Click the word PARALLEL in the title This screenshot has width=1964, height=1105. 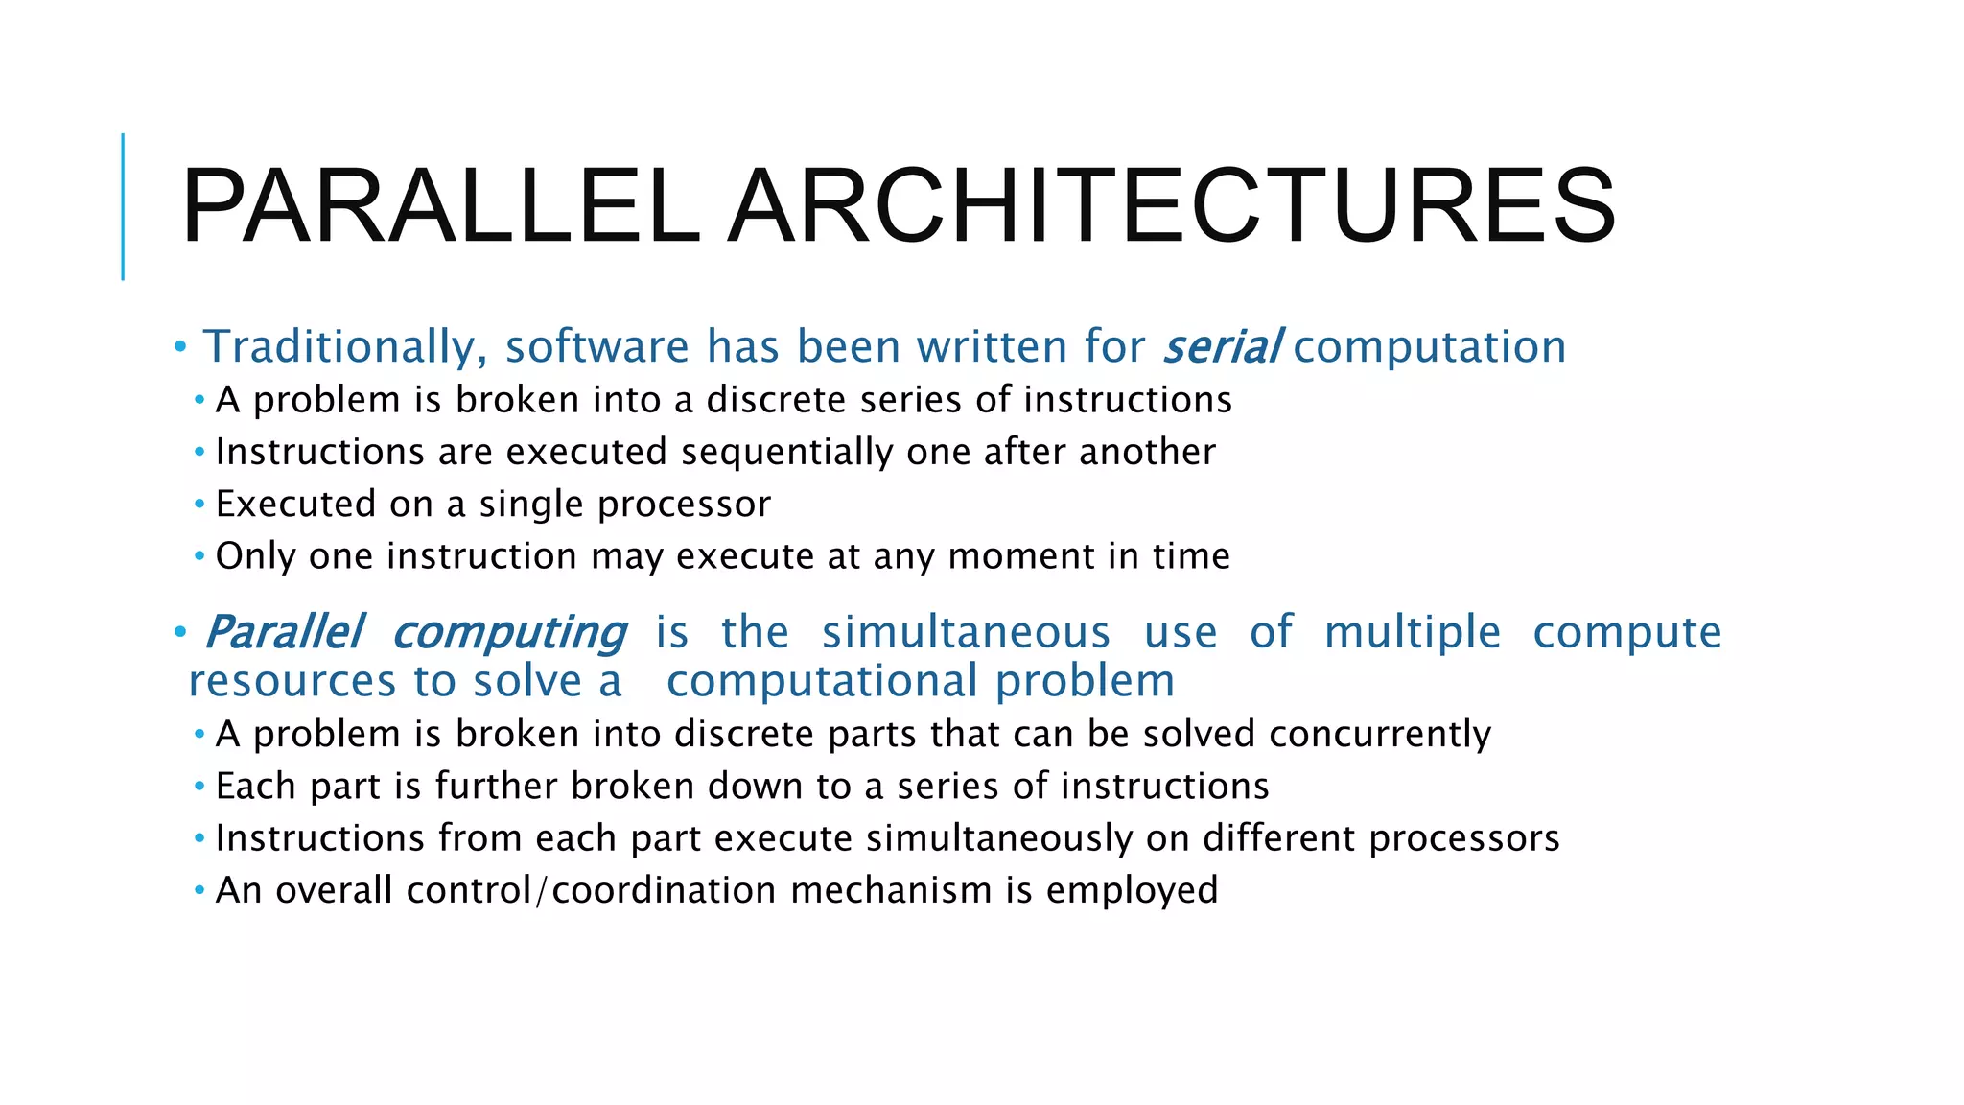coord(440,207)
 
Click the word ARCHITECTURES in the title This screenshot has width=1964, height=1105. coord(1172,207)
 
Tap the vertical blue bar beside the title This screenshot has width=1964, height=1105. coord(123,207)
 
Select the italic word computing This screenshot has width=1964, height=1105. coord(509,633)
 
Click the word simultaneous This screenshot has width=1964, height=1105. coord(966,633)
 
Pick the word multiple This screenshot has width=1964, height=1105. coord(1412,633)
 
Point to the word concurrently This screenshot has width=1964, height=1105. coord(1380,735)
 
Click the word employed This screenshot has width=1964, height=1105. coord(1132,891)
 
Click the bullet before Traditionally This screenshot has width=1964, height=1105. coord(180,347)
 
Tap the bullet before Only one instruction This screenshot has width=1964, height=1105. coord(199,556)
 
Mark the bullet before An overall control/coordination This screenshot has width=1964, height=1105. coord(199,891)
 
